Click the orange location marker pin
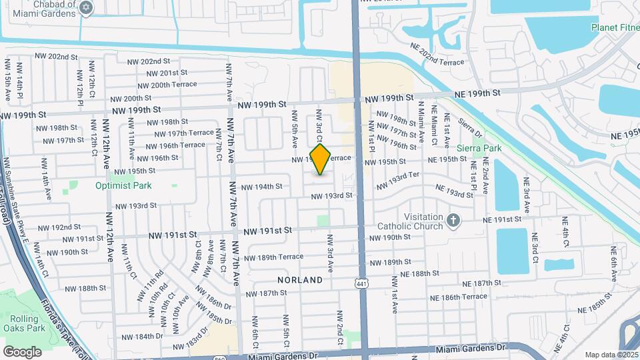tap(321, 159)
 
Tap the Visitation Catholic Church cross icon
tap(453, 221)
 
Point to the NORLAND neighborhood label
tap(300, 281)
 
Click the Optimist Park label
tap(123, 186)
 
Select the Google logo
tap(22, 351)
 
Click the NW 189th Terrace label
tap(273, 258)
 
